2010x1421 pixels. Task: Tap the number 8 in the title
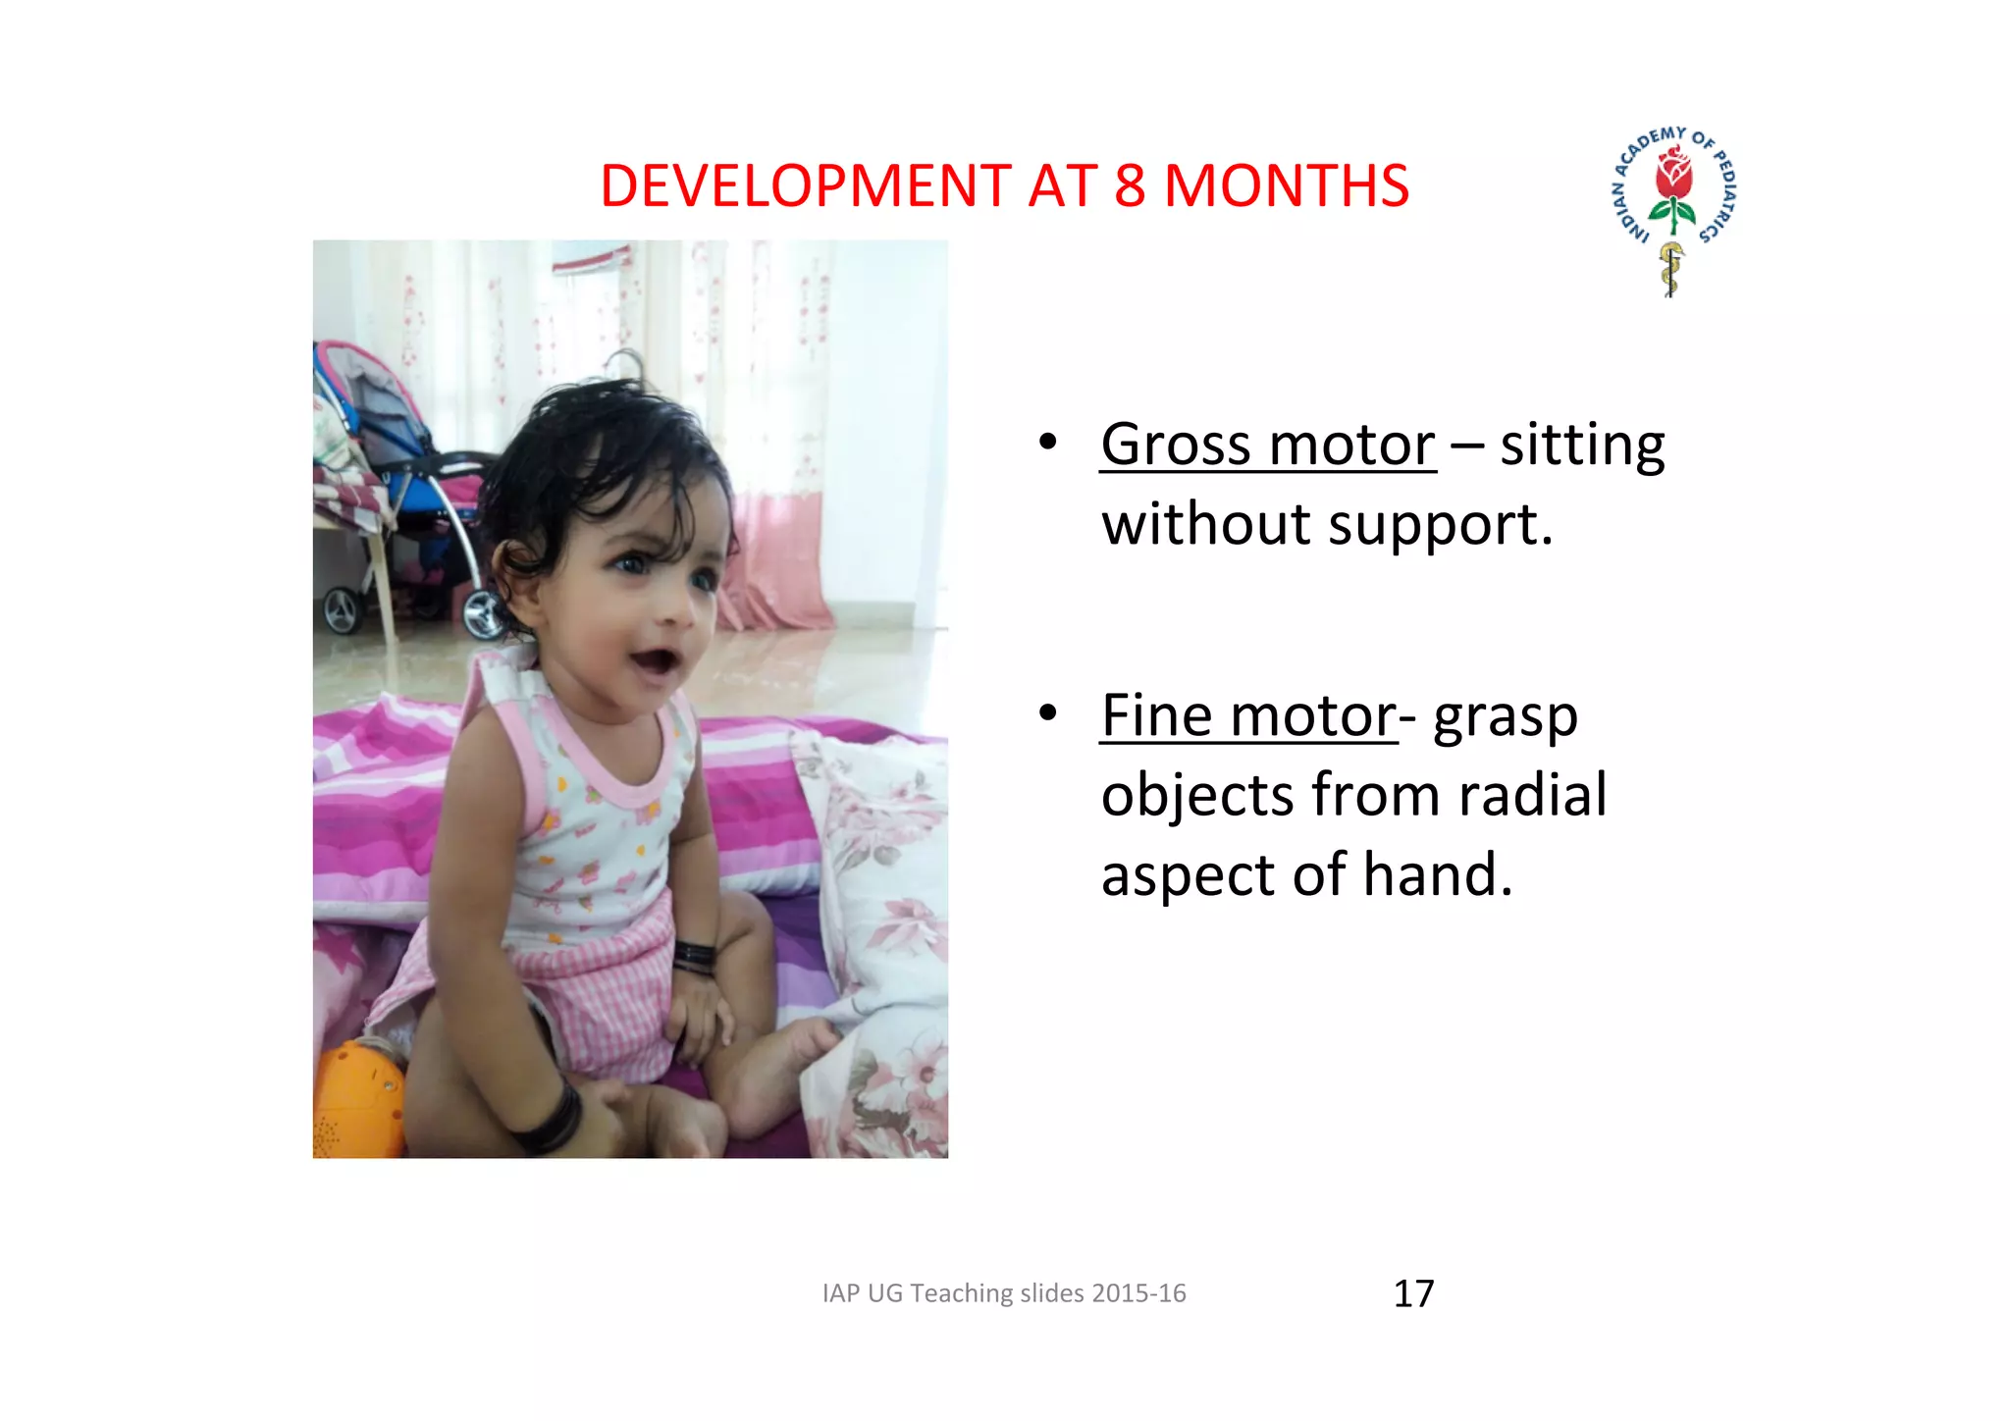(x=1130, y=185)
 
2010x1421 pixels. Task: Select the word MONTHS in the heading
(x=1286, y=185)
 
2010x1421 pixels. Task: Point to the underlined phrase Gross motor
(x=1267, y=445)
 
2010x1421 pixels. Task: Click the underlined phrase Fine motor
(x=1247, y=715)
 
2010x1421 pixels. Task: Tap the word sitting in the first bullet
(x=1581, y=445)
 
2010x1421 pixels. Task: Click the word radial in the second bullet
(x=1532, y=794)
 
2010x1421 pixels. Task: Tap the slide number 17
(x=1413, y=1293)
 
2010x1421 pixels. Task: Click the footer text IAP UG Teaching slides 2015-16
(x=1004, y=1293)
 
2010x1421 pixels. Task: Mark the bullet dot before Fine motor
(x=1048, y=713)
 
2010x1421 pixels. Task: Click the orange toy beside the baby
(x=355, y=1101)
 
